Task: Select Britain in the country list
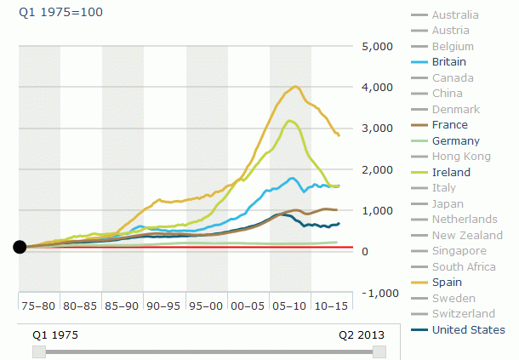tap(450, 62)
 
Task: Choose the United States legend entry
tap(468, 329)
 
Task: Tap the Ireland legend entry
tap(451, 172)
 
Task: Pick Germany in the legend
tap(455, 141)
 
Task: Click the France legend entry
tap(450, 125)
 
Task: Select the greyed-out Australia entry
tap(455, 14)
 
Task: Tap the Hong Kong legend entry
tap(461, 157)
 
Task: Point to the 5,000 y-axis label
tap(377, 46)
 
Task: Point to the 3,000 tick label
tap(377, 128)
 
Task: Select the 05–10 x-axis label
tap(290, 304)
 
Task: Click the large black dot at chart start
tap(20, 247)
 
